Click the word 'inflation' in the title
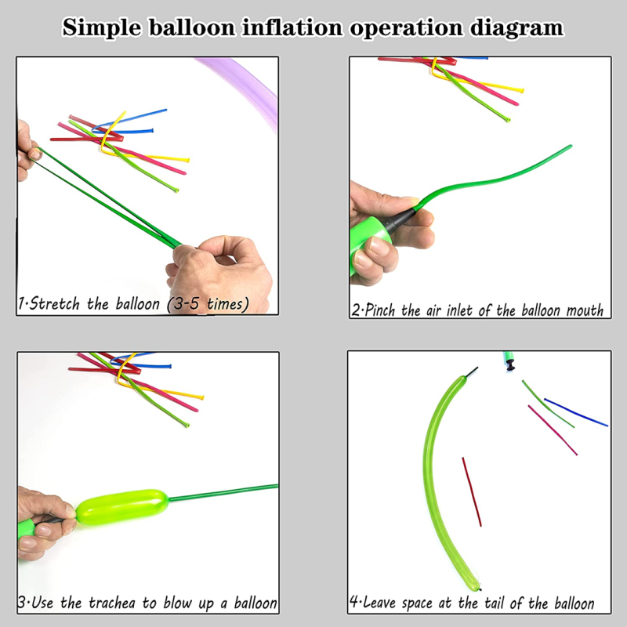pyautogui.click(x=292, y=28)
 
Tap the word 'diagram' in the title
pyautogui.click(x=516, y=29)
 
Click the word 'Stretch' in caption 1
pyautogui.click(x=55, y=303)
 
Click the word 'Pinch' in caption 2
pyautogui.click(x=379, y=310)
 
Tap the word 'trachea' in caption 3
pyautogui.click(x=112, y=603)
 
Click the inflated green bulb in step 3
pyautogui.click(x=122, y=506)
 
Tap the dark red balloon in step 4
pyautogui.click(x=472, y=492)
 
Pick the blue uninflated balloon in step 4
pyautogui.click(x=576, y=412)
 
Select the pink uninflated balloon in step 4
pyautogui.click(x=553, y=430)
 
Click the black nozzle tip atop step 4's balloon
pyautogui.click(x=472, y=371)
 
